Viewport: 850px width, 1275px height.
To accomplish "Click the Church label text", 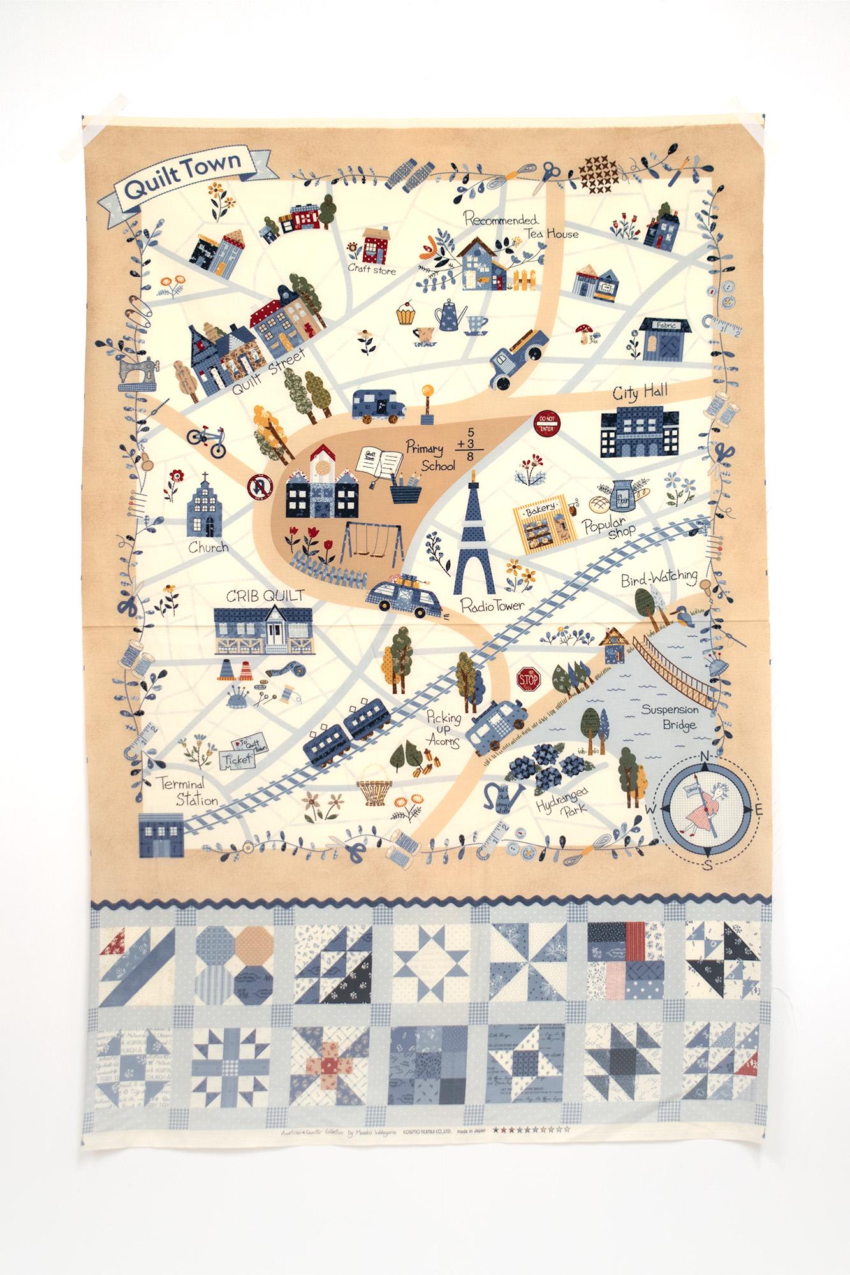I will point(207,547).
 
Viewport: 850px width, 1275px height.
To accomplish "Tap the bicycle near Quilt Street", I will point(207,441).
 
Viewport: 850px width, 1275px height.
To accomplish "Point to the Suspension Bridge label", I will point(670,717).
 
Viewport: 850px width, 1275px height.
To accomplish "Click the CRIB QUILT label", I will point(264,595).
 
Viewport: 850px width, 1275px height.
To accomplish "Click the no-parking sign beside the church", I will point(261,488).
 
